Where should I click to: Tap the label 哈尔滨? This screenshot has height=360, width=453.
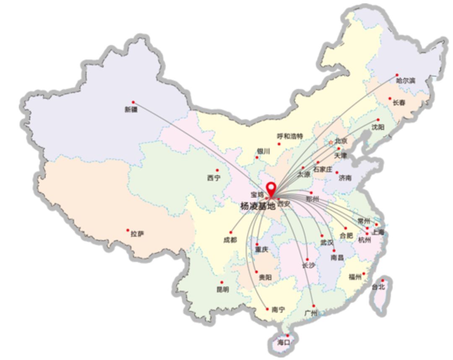tap(406, 80)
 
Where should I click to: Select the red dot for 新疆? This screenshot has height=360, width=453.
tap(133, 102)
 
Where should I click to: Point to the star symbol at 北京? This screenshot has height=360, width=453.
tap(331, 142)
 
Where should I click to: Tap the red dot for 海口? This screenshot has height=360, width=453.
tap(287, 335)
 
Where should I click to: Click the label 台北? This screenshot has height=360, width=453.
tap(378, 287)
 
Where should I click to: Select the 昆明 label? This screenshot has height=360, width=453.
tap(223, 289)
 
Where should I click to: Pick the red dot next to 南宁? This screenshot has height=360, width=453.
tap(267, 309)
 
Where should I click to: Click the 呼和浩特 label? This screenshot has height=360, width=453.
tap(290, 136)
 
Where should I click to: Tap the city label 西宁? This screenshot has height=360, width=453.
tap(213, 178)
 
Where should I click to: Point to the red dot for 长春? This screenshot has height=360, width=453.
tap(390, 99)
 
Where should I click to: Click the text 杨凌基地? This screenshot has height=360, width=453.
tap(258, 206)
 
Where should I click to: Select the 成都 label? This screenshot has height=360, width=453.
tap(230, 240)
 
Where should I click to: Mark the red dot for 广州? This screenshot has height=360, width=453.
tap(313, 306)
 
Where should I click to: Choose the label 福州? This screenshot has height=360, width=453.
tap(355, 277)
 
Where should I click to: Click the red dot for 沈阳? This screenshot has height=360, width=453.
tap(378, 120)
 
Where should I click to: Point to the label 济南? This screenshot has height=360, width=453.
tap(345, 178)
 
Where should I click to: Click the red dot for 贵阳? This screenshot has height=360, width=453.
tap(257, 272)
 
